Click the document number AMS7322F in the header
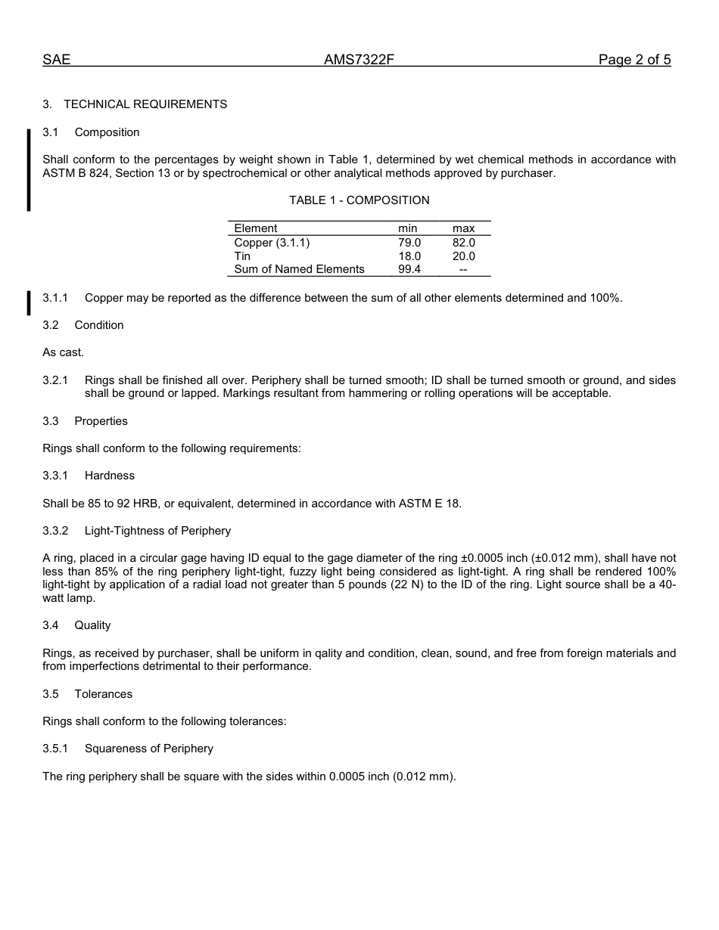click(359, 60)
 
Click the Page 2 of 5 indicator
click(634, 60)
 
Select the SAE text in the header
click(56, 60)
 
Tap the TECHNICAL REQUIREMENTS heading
click(145, 104)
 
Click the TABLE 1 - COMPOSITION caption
click(359, 200)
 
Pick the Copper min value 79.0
click(409, 243)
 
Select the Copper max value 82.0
click(464, 243)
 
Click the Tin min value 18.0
click(409, 256)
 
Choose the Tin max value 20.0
click(464, 256)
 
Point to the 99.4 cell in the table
click(409, 269)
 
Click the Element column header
click(256, 228)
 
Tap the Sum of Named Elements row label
click(299, 269)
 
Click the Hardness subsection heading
click(110, 476)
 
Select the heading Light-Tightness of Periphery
click(157, 531)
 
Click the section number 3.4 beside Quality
click(51, 625)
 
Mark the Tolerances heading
click(103, 694)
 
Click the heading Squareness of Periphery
click(148, 749)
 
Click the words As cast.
click(64, 352)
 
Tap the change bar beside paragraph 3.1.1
click(29, 302)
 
